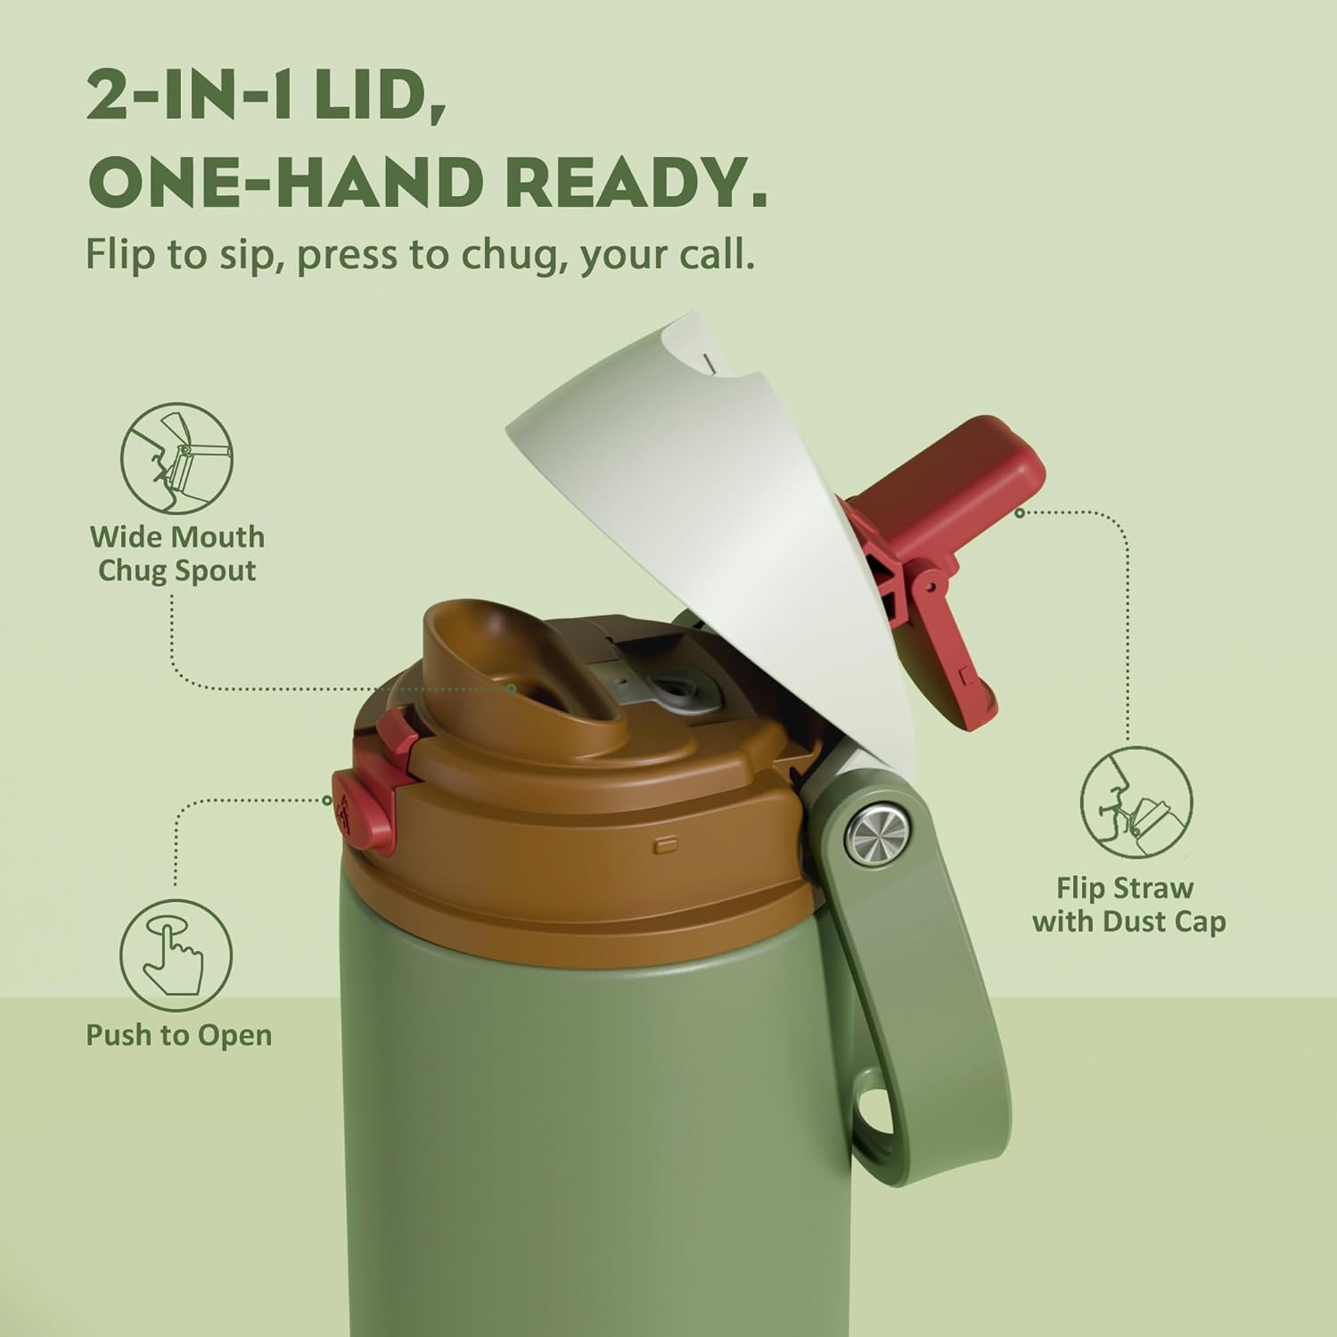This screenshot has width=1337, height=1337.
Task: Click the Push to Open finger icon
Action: (x=176, y=955)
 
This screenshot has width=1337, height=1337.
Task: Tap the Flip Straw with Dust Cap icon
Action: (x=1136, y=802)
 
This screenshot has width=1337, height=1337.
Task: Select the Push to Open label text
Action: (x=178, y=1035)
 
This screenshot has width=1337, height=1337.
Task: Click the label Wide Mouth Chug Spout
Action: (x=176, y=554)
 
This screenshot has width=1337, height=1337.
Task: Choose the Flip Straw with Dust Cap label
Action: (x=1128, y=904)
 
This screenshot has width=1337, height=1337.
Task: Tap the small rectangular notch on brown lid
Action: (x=665, y=841)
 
